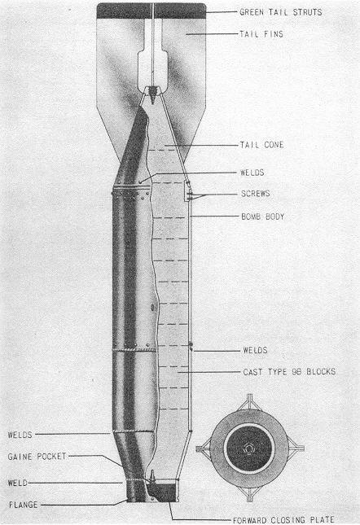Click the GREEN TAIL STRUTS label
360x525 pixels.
pyautogui.click(x=281, y=12)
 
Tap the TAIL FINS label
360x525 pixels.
pyautogui.click(x=261, y=34)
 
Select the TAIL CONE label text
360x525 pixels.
pyautogui.click(x=262, y=145)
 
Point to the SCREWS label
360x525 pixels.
pyautogui.click(x=256, y=194)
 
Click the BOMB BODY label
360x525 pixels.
pyautogui.click(x=263, y=217)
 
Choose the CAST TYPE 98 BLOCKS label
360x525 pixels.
pyautogui.click(x=289, y=372)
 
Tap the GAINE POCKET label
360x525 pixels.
pyautogui.click(x=37, y=457)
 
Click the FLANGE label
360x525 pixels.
pyautogui.click(x=24, y=505)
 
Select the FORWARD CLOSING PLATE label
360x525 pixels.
pyautogui.click(x=283, y=520)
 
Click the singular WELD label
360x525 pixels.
pyautogui.click(x=18, y=483)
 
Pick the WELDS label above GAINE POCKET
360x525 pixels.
pyautogui.click(x=20, y=435)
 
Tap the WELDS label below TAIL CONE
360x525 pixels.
pyautogui.click(x=252, y=173)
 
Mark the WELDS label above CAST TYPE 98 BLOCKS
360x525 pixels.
pyautogui.click(x=255, y=350)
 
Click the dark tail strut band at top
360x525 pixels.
pyautogui.click(x=151, y=11)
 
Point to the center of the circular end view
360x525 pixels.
pyautogui.click(x=249, y=448)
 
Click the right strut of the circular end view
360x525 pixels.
pyautogui.click(x=296, y=448)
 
